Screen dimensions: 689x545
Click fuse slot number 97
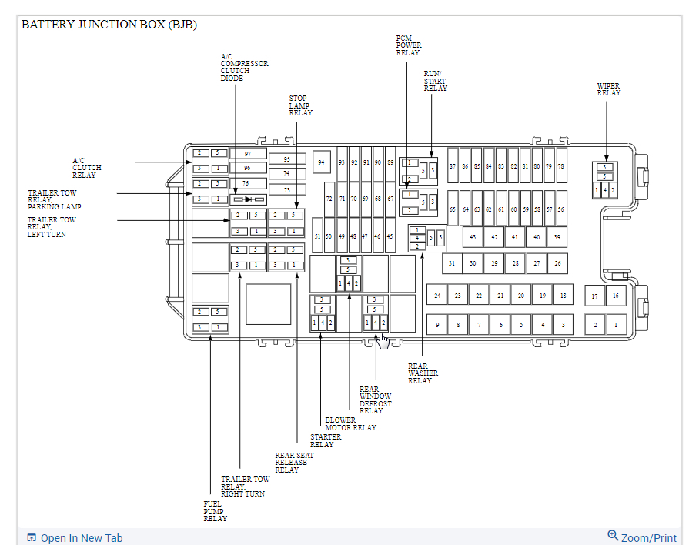pos(247,153)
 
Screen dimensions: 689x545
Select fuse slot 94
pos(321,162)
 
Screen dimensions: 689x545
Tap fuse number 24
pos(437,296)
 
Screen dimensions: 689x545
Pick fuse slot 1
pos(615,326)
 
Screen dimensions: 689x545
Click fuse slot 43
pos(472,237)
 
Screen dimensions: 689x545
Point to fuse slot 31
pos(452,263)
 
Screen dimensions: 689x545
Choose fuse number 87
pos(453,166)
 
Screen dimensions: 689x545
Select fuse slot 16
pos(615,296)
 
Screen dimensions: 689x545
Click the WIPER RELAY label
pos(608,90)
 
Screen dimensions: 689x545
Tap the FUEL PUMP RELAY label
pos(215,511)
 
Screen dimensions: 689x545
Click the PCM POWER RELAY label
pos(408,45)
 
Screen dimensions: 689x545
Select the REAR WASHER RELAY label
pos(423,373)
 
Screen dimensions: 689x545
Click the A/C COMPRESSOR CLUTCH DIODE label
pos(244,67)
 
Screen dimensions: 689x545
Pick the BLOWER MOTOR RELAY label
pos(350,424)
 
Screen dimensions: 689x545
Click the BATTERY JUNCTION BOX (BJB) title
pos(109,24)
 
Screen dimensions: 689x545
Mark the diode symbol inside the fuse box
pos(248,199)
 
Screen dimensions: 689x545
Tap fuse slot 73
pos(286,189)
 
